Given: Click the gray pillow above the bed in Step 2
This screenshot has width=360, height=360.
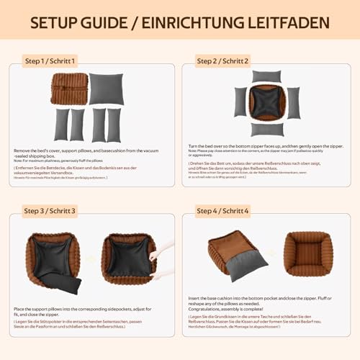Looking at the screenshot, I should [x=266, y=76].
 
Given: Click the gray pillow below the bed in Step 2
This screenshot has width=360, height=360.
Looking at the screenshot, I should [x=266, y=129].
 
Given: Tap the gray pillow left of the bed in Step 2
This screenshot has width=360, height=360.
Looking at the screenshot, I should [x=240, y=102].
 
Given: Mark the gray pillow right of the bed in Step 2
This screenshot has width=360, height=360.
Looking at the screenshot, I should [x=292, y=102].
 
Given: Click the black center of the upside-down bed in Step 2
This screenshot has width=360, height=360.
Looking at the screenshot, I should [x=266, y=102].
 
